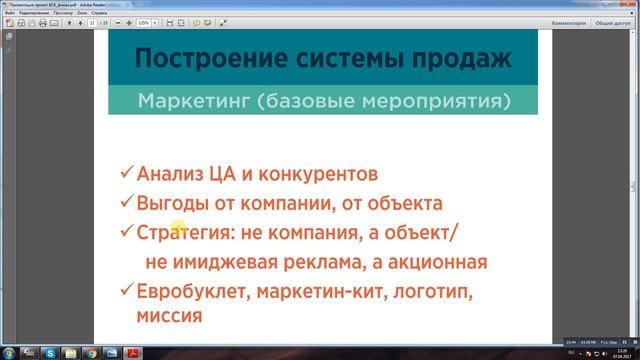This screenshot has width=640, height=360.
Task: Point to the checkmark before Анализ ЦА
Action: pos(126,173)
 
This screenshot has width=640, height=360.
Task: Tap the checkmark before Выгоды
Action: pos(126,203)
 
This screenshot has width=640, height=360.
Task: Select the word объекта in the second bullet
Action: pos(404,204)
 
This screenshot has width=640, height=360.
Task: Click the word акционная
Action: pos(436,263)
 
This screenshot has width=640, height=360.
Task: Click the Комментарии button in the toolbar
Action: pos(559,20)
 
